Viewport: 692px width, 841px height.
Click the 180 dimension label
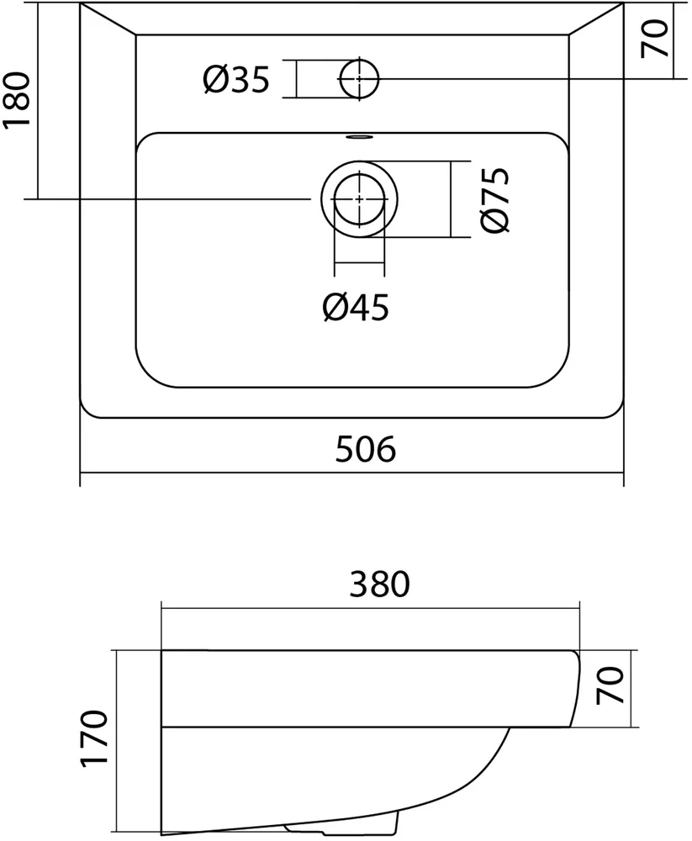(18, 99)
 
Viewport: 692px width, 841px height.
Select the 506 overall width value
(365, 450)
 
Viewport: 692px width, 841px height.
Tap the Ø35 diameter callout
(236, 80)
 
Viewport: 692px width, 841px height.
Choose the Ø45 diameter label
(356, 309)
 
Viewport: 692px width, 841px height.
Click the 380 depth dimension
(370, 583)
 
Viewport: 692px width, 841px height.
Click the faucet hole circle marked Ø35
(359, 79)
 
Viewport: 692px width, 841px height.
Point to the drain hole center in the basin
(359, 199)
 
